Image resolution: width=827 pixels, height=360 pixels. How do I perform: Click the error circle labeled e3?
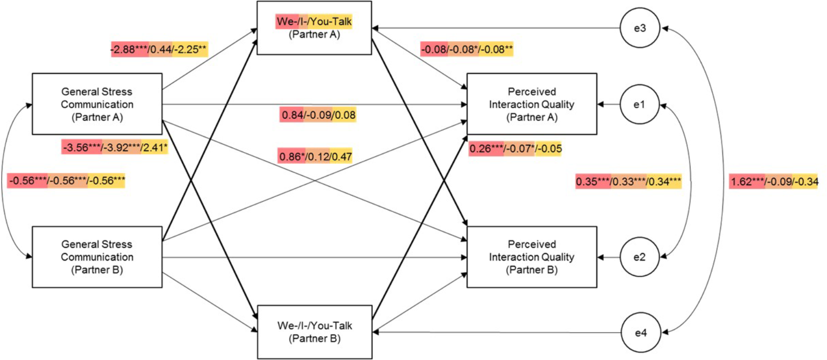pyautogui.click(x=640, y=28)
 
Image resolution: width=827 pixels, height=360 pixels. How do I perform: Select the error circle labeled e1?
pyautogui.click(x=640, y=104)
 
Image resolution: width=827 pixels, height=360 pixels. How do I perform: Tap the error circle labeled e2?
pyautogui.click(x=640, y=257)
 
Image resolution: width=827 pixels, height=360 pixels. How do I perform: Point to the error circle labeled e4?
pyautogui.click(x=640, y=333)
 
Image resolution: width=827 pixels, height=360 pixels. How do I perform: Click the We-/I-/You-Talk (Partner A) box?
pyautogui.click(x=314, y=28)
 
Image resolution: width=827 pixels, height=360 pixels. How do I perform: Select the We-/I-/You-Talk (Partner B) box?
pyautogui.click(x=314, y=332)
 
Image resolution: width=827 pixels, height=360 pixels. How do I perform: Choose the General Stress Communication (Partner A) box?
pyautogui.click(x=97, y=104)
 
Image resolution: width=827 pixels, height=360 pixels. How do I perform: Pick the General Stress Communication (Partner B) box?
pyautogui.click(x=97, y=257)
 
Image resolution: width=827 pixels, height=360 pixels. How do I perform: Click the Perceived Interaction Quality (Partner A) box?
pyautogui.click(x=532, y=104)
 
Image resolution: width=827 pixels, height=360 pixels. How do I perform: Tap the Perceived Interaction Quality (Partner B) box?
pyautogui.click(x=532, y=257)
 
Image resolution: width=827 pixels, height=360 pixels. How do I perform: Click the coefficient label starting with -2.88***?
pyautogui.click(x=159, y=49)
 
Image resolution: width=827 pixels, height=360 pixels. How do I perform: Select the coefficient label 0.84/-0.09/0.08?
pyautogui.click(x=318, y=115)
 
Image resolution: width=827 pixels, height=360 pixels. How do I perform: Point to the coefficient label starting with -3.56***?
pyautogui.click(x=115, y=147)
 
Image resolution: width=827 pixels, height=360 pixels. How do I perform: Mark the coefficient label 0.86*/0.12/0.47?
pyautogui.click(x=315, y=156)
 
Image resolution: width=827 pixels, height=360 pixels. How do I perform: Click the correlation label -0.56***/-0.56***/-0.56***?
pyautogui.click(x=67, y=181)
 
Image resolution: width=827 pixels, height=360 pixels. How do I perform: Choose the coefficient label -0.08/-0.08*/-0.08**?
pyautogui.click(x=467, y=49)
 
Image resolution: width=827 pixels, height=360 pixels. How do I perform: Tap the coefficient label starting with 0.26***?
pyautogui.click(x=515, y=149)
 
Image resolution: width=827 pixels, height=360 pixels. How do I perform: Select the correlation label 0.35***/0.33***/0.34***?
pyautogui.click(x=628, y=182)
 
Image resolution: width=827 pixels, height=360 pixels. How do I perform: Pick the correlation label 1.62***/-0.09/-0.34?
pyautogui.click(x=774, y=182)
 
